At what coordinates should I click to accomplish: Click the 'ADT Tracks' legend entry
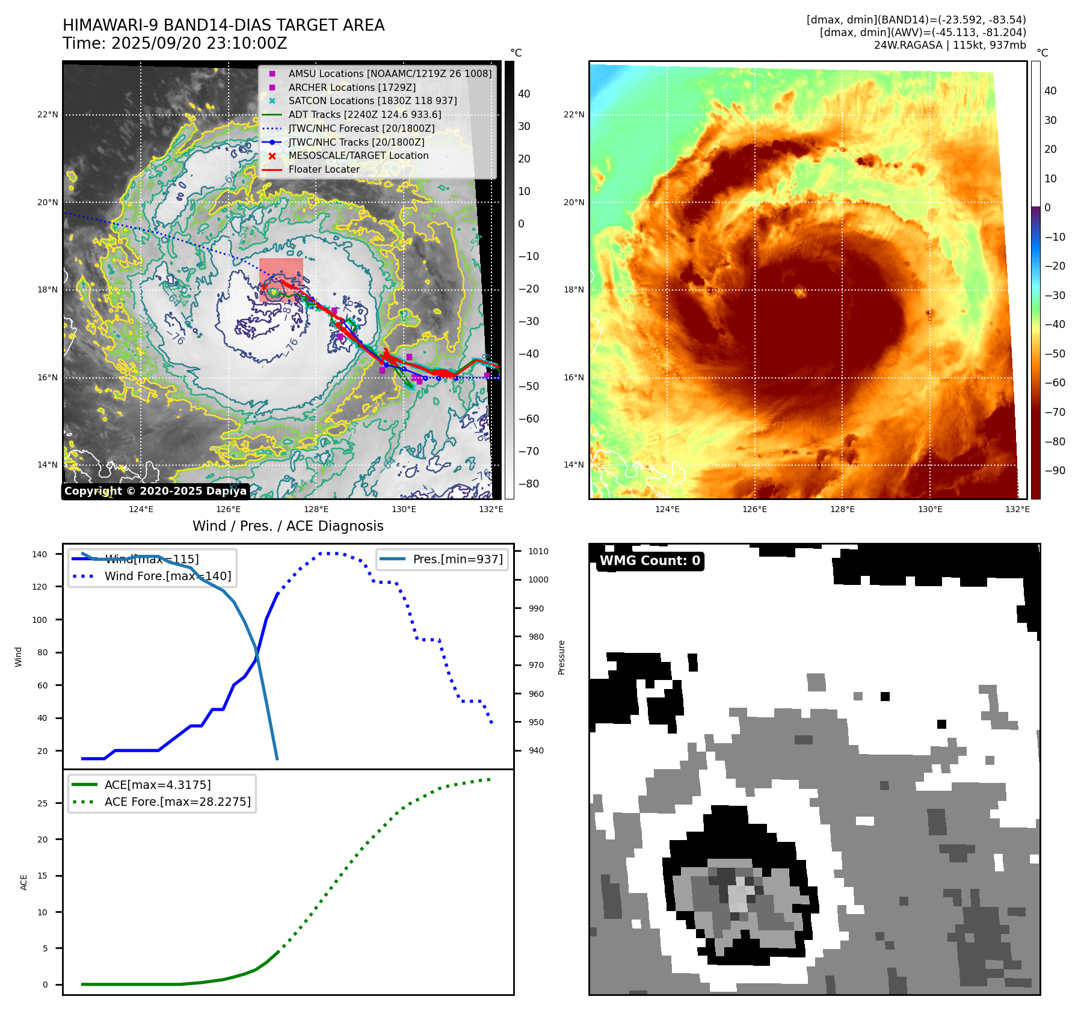[365, 114]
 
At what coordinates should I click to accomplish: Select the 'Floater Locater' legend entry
[324, 169]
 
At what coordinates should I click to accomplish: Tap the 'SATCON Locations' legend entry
[372, 100]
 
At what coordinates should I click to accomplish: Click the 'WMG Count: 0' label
[650, 561]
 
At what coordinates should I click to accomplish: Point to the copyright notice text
[155, 491]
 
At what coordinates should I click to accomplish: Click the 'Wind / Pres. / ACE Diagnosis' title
[288, 526]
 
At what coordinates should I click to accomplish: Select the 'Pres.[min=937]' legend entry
[458, 559]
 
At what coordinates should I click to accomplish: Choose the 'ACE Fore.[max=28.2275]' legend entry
[177, 802]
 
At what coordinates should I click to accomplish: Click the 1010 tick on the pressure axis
[538, 551]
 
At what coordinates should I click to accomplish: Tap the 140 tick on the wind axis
[40, 554]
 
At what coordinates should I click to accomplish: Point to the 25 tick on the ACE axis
[42, 803]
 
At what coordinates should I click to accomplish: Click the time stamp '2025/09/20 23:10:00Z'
[199, 44]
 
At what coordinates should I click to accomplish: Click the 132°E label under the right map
[1017, 509]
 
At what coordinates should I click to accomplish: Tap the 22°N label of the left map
[48, 114]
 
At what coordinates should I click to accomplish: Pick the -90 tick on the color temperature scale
[1055, 471]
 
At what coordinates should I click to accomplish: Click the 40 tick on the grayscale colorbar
[524, 94]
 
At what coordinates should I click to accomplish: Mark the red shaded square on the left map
[281, 280]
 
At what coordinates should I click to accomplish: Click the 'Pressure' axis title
[561, 657]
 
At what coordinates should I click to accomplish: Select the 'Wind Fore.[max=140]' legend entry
[167, 576]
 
